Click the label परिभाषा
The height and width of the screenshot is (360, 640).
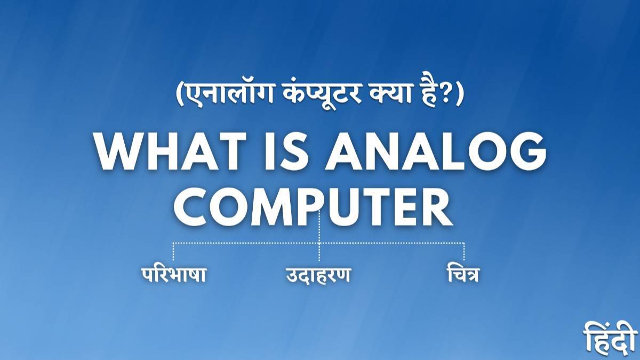174,275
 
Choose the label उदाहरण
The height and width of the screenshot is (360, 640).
317,276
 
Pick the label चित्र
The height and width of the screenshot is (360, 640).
462,275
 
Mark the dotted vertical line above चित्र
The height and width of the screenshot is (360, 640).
464,252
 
